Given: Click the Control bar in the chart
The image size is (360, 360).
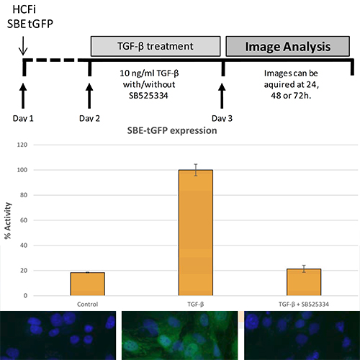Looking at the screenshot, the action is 88,284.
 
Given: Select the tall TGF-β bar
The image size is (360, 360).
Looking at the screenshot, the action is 196,233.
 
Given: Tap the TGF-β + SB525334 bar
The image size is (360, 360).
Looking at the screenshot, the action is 304,282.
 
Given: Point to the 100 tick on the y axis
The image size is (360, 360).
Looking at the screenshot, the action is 22,170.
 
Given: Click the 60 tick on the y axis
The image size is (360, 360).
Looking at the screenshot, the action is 24,220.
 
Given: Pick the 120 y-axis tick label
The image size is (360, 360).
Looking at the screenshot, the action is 22,145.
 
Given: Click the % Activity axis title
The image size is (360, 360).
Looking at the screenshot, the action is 8,221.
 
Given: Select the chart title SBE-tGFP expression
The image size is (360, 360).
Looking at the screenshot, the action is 172,130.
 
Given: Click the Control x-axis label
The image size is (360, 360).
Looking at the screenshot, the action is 88,305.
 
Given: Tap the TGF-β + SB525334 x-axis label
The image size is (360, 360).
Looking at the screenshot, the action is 304,305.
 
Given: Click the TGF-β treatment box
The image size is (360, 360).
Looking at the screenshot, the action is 156,46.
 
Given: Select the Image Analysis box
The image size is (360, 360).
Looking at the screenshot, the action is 288,46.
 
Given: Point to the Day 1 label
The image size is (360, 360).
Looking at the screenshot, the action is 23,118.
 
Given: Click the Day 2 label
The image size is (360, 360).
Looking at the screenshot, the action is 89,118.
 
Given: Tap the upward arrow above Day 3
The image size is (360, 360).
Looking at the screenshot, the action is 222,96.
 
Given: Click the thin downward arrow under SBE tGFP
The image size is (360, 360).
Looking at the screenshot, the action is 23,45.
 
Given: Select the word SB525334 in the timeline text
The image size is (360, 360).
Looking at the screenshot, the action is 148,96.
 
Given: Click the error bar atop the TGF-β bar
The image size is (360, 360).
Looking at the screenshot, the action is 196,170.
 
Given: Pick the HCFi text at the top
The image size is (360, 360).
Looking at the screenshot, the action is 24,9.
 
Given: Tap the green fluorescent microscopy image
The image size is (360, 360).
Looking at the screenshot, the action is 180,336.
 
